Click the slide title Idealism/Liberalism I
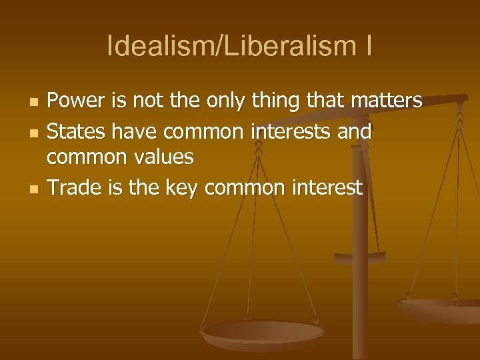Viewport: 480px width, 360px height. pos(239,47)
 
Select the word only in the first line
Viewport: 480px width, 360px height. pos(225,102)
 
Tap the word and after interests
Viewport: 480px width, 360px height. pos(355,132)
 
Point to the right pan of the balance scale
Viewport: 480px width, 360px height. pos(440,308)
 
